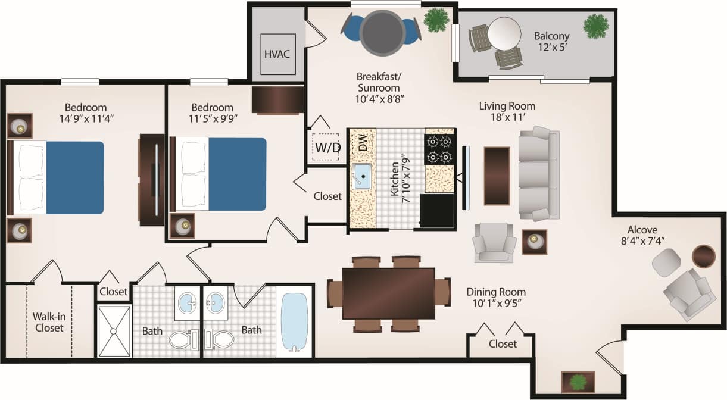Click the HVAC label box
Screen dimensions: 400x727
pyautogui.click(x=277, y=54)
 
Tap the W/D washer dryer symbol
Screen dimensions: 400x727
pyautogui.click(x=327, y=146)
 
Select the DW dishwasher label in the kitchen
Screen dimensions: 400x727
pyautogui.click(x=362, y=143)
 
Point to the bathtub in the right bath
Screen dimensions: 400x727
pyautogui.click(x=294, y=322)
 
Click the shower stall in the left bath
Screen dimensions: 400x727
pyautogui.click(x=114, y=331)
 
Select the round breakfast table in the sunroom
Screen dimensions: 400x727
pyautogui.click(x=382, y=33)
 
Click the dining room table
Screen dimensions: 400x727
pyautogui.click(x=388, y=293)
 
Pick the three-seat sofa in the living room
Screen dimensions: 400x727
pyautogui.click(x=538, y=173)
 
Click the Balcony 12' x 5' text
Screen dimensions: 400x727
pyautogui.click(x=551, y=42)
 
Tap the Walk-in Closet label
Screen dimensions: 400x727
pyautogui.click(x=49, y=322)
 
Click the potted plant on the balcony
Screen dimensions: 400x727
pyautogui.click(x=596, y=26)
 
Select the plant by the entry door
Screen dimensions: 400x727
pyautogui.click(x=577, y=381)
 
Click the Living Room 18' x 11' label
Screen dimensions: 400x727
pyautogui.click(x=507, y=112)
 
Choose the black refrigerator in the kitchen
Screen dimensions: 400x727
pyautogui.click(x=437, y=211)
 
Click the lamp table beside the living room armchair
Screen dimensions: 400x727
pyautogui.click(x=534, y=242)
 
